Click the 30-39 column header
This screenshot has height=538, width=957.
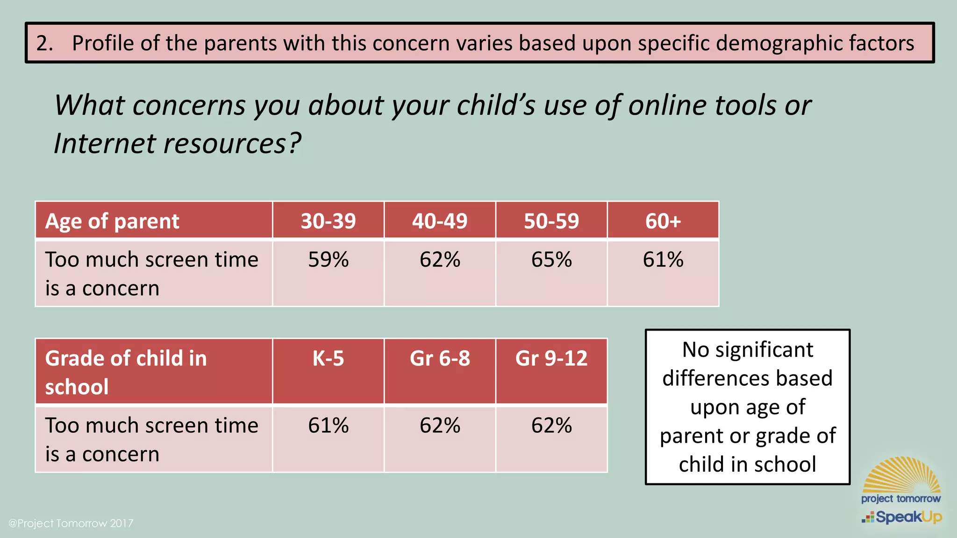tap(328, 220)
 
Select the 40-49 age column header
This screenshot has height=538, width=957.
tap(440, 220)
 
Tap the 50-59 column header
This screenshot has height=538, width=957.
tap(551, 220)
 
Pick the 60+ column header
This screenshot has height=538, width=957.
tap(663, 220)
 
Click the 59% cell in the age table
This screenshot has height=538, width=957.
tap(328, 260)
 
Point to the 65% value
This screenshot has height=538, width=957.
tap(551, 260)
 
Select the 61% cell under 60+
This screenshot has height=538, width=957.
tap(663, 260)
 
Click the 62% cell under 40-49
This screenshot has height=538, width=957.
tap(440, 260)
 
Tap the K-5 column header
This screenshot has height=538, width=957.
tap(328, 359)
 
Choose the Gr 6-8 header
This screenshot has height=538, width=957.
tap(440, 359)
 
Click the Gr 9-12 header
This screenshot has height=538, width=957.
tap(551, 359)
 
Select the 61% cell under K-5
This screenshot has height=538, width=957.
tap(328, 425)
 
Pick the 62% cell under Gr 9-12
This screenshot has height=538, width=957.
tap(551, 425)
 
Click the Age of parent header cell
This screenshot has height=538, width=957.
tap(112, 221)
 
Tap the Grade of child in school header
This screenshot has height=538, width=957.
tap(126, 372)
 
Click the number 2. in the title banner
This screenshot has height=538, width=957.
tap(44, 43)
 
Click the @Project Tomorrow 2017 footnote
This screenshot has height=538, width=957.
tap(71, 523)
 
